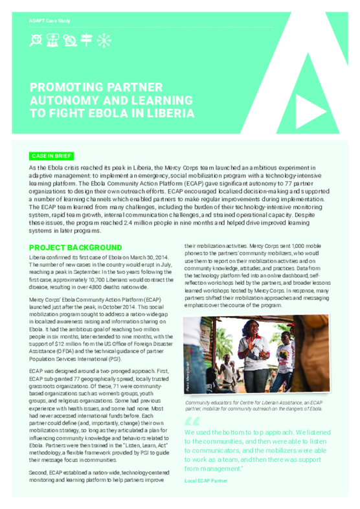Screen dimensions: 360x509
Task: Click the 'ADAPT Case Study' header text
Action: coord(49,21)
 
